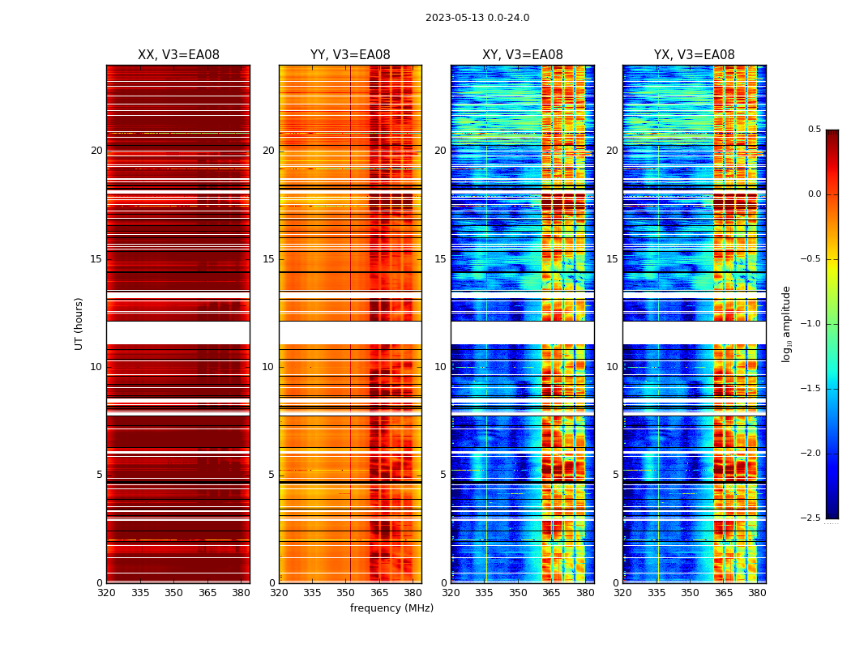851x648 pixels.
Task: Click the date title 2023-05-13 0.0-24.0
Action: pyautogui.click(x=477, y=18)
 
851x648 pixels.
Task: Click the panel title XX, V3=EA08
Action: pyautogui.click(x=178, y=55)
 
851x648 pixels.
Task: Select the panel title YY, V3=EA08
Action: pyautogui.click(x=350, y=55)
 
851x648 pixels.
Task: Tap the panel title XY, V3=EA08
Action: pyautogui.click(x=523, y=55)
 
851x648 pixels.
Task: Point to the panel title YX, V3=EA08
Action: pyautogui.click(x=695, y=55)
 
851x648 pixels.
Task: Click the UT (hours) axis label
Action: pyautogui.click(x=79, y=323)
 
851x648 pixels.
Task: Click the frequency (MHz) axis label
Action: pyautogui.click(x=391, y=608)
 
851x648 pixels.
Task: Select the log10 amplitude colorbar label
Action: pyautogui.click(x=786, y=323)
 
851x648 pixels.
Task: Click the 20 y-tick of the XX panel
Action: pyautogui.click(x=96, y=151)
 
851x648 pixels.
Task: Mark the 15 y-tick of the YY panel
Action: pyautogui.click(x=268, y=259)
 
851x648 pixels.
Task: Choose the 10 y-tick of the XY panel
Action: pyautogui.click(x=440, y=367)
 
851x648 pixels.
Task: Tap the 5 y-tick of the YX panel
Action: pyautogui.click(x=615, y=475)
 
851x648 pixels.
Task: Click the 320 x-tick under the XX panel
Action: pyautogui.click(x=106, y=593)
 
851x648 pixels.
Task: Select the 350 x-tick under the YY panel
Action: pyautogui.click(x=346, y=593)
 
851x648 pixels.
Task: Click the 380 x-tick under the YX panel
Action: pyautogui.click(x=757, y=593)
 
